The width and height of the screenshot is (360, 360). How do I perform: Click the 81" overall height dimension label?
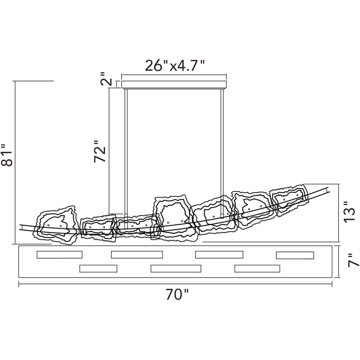(x=6, y=155)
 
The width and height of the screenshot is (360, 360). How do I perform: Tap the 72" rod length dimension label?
(x=100, y=152)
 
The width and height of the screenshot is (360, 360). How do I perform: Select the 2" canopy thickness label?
(x=106, y=79)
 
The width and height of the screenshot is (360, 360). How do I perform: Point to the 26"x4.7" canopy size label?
(x=175, y=66)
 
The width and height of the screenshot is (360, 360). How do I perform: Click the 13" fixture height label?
(x=349, y=212)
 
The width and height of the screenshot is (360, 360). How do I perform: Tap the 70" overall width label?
(x=177, y=294)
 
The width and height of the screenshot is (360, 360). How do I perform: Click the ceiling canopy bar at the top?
(x=174, y=85)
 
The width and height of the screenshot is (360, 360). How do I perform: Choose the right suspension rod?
(x=222, y=153)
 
